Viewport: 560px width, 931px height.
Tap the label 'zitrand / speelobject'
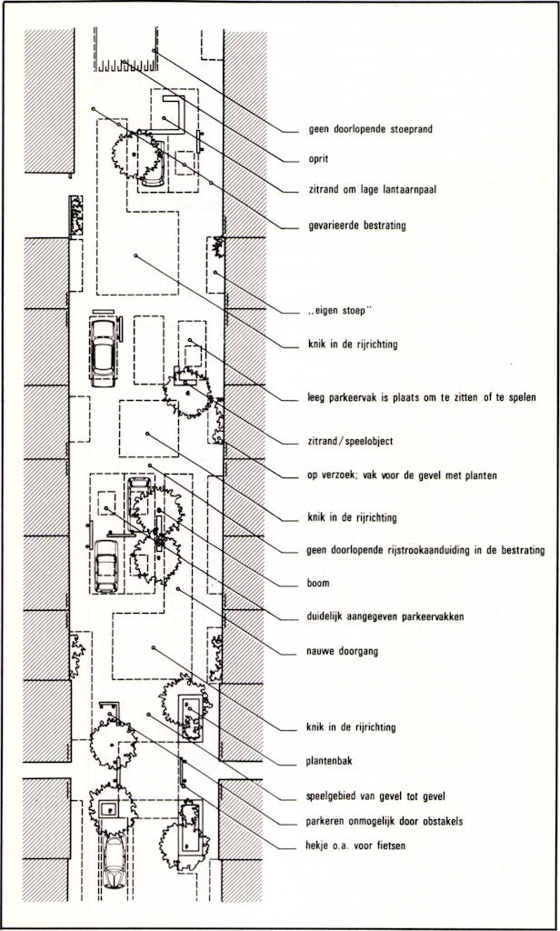pos(350,442)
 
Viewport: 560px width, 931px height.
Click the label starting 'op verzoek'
pos(402,476)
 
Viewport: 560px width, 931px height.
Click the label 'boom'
pos(318,583)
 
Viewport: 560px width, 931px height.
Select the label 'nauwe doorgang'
pos(342,651)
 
